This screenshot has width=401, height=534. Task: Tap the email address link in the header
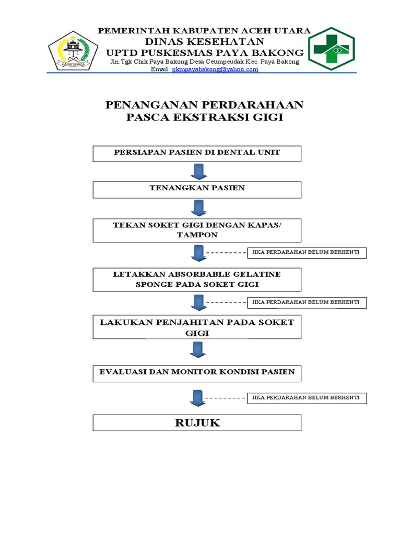tap(215, 69)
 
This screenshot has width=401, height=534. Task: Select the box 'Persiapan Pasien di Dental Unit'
tap(197, 153)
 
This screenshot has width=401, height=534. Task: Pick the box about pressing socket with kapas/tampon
tap(197, 230)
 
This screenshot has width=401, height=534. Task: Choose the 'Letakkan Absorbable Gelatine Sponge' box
tap(197, 280)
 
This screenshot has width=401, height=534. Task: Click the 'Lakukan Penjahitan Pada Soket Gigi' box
tap(197, 327)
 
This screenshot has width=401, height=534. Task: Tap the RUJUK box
tap(197, 422)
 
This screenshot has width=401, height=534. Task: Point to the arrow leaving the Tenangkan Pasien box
tap(197, 208)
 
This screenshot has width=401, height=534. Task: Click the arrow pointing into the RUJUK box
tap(197, 398)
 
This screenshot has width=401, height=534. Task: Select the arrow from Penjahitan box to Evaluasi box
tap(197, 349)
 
